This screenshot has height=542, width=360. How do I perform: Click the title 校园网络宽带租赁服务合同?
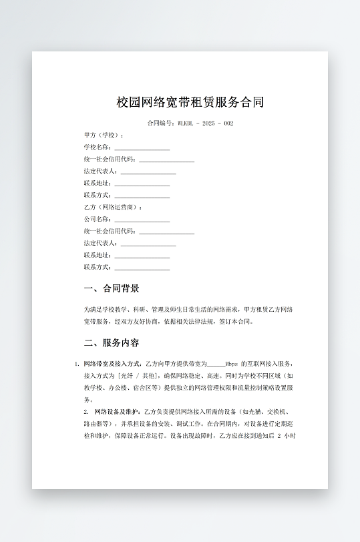tap(190, 102)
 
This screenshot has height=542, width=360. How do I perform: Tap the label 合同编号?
tap(161, 123)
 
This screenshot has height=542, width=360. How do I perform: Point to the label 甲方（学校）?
tap(104, 135)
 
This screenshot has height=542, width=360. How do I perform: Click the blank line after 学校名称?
tap(142, 148)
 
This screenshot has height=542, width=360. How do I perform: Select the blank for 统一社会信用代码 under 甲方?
tap(166, 160)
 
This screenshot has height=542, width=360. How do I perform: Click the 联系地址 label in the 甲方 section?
tap(98, 183)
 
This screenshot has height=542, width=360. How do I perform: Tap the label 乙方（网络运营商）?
tap(113, 207)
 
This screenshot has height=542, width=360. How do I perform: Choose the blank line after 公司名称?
tap(142, 220)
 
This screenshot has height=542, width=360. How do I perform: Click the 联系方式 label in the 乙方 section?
tap(98, 268)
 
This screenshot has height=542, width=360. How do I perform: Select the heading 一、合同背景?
tap(112, 288)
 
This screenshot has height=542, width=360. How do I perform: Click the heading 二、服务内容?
tap(112, 343)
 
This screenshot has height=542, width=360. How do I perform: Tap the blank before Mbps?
tap(216, 364)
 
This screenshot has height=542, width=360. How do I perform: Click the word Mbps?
tap(232, 364)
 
